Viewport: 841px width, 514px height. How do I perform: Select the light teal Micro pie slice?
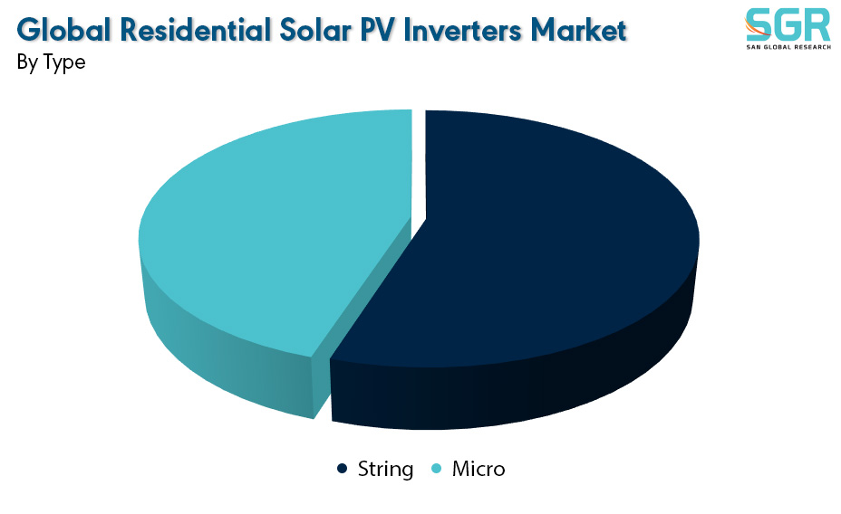click(x=268, y=235)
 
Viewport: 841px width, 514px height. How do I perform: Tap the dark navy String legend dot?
click(x=342, y=469)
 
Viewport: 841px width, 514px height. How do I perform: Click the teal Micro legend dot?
click(x=437, y=469)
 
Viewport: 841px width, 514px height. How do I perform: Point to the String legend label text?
click(x=385, y=470)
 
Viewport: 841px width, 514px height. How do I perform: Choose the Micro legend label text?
click(x=478, y=469)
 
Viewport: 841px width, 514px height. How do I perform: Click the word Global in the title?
click(x=63, y=30)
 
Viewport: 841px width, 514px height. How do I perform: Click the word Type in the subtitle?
click(x=63, y=62)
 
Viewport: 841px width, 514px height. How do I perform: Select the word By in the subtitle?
click(x=27, y=62)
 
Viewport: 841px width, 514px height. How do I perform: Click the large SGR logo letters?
click(x=788, y=24)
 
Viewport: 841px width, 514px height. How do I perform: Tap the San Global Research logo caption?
click(x=788, y=47)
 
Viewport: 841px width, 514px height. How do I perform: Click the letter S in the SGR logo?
click(x=759, y=24)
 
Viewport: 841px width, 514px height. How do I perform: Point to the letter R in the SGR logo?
click(x=817, y=24)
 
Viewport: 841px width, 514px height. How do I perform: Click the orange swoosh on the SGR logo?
click(x=756, y=28)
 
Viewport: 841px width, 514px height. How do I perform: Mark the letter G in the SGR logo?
click(x=788, y=24)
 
